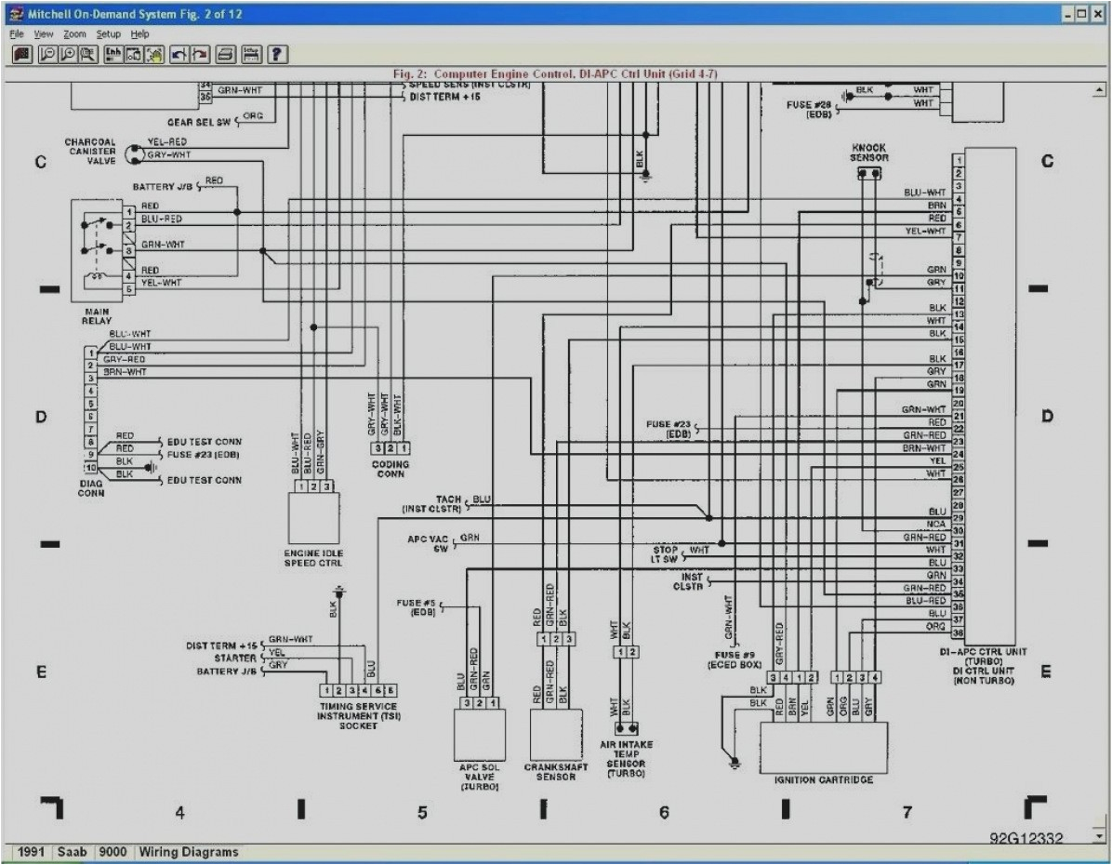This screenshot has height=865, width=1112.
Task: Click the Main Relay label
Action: [x=97, y=315]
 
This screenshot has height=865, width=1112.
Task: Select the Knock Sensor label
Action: [x=868, y=153]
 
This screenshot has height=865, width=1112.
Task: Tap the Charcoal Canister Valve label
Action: [x=90, y=152]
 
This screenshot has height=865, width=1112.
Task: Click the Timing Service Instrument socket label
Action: [x=358, y=716]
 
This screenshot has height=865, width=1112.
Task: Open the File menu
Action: [x=17, y=33]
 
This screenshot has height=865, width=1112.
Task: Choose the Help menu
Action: [x=139, y=33]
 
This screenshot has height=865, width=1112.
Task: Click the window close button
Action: [x=1099, y=15]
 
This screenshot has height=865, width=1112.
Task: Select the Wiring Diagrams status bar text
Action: [x=189, y=852]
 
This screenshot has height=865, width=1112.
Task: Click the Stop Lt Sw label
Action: [x=665, y=555]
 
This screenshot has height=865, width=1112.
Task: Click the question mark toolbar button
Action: [x=277, y=54]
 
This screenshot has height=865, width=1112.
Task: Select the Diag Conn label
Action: [x=91, y=489]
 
